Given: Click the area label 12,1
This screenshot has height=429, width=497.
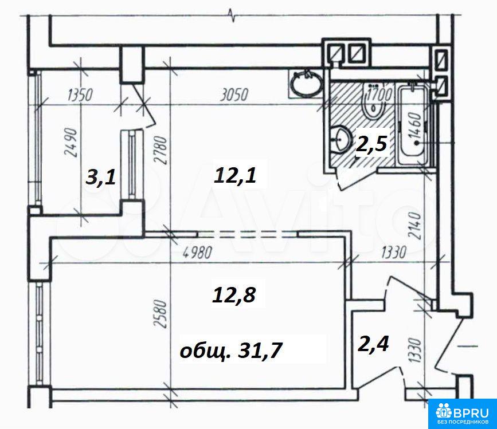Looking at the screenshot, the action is pos(235,176).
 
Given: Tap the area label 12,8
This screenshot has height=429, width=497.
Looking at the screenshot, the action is pos(234,296).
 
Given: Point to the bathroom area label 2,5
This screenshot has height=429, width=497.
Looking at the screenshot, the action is pos(371,144).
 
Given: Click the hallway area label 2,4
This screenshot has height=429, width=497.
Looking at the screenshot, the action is pos(373,344).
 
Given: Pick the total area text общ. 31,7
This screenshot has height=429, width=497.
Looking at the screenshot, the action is pos(230,351).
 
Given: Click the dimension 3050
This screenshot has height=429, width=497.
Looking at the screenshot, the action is pos(234,95).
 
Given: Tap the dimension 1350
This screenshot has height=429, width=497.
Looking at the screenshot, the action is pos(80,95).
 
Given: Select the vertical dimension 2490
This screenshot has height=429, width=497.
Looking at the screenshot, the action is pos(71,143).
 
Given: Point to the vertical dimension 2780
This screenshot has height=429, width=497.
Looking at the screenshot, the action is pos(161,149).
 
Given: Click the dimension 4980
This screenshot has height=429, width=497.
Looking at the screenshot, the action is pos(197,253).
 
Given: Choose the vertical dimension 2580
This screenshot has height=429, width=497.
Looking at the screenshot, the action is pos(161,314).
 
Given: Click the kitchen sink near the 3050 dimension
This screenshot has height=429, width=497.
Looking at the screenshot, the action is pos(307,83).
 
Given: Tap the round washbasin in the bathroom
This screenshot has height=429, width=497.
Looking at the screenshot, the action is pos(341,139).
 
